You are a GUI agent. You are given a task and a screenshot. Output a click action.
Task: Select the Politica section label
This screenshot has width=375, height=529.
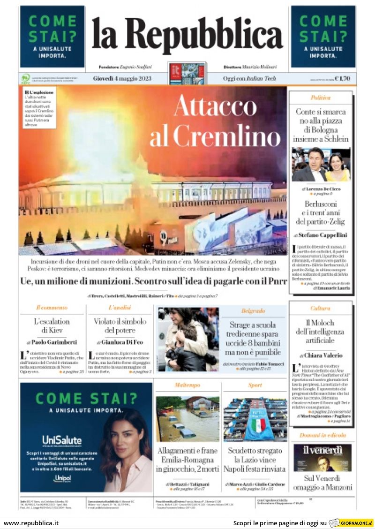pyautogui.click(x=321, y=98)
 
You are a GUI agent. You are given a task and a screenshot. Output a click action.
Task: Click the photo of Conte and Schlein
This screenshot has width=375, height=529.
pyautogui.click(x=321, y=164)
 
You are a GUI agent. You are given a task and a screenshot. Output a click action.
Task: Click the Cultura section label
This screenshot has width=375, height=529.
pyautogui.click(x=321, y=308)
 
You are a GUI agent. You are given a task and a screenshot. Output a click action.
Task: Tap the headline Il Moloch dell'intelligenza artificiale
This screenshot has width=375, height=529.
pyautogui.click(x=321, y=331)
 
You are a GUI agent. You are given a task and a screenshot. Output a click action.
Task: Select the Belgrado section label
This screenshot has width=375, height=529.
pyautogui.click(x=253, y=310)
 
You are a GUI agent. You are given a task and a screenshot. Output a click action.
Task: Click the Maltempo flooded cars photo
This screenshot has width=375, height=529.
pyautogui.click(x=187, y=419)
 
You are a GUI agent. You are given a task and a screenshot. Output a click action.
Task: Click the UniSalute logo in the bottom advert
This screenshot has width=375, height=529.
pyautogui.click(x=62, y=440)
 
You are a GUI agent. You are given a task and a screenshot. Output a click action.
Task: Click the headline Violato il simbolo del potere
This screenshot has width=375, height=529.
pyautogui.click(x=120, y=326)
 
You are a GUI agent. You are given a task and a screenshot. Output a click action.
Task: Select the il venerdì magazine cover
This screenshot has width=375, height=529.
pyautogui.click(x=322, y=458)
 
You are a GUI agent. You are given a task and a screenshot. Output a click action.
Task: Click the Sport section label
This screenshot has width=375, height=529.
pyautogui.click(x=255, y=385)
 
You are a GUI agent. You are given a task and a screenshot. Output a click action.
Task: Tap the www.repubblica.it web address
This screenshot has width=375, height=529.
pyautogui.click(x=31, y=523)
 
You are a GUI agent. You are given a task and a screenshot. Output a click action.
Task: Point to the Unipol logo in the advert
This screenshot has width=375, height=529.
pyautogui.click(x=62, y=478)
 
